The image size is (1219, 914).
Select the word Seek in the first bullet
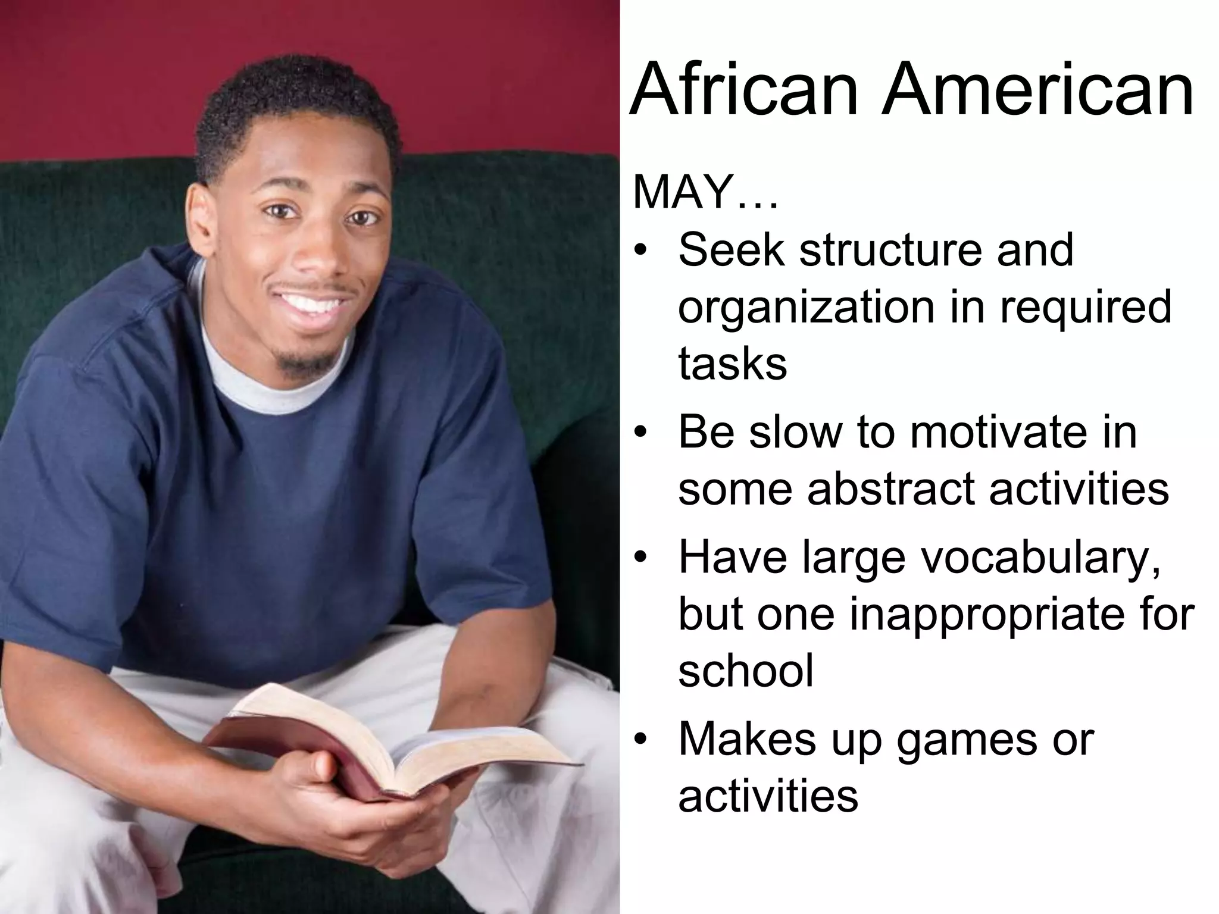pos(732,250)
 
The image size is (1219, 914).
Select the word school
pos(746,671)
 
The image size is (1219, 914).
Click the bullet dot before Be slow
pos(640,433)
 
